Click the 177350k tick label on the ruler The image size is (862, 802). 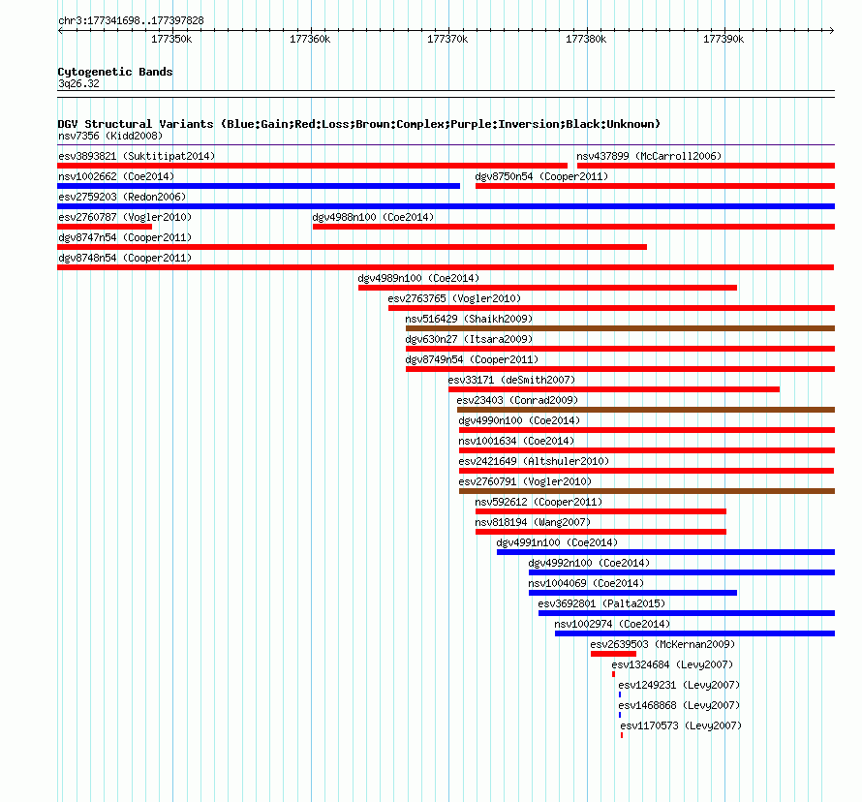[x=171, y=39]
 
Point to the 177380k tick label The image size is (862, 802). [x=586, y=39]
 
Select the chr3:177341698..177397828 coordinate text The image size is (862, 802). [x=131, y=21]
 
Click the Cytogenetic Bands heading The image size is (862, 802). [x=115, y=72]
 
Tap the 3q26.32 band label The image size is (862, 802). [x=78, y=83]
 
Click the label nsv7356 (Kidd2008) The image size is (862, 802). [x=110, y=136]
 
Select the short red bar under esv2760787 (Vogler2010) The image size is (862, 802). [x=105, y=227]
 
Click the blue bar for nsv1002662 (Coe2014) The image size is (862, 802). [x=259, y=186]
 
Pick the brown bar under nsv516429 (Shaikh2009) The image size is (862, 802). [x=620, y=328]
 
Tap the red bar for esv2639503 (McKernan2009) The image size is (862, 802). [x=613, y=654]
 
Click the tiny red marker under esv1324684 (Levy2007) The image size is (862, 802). [x=613, y=674]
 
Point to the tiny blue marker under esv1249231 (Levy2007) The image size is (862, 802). [x=620, y=694]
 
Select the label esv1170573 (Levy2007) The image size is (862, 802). [x=681, y=725]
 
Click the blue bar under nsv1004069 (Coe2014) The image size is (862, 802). [x=632, y=593]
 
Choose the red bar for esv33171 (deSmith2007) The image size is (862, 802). [x=614, y=389]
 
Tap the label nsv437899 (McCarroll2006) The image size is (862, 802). [x=649, y=156]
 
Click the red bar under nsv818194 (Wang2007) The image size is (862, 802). [x=600, y=532]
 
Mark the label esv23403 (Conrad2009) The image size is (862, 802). [x=518, y=400]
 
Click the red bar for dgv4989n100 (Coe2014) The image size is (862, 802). [x=547, y=288]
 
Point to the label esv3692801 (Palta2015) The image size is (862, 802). [x=602, y=603]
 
